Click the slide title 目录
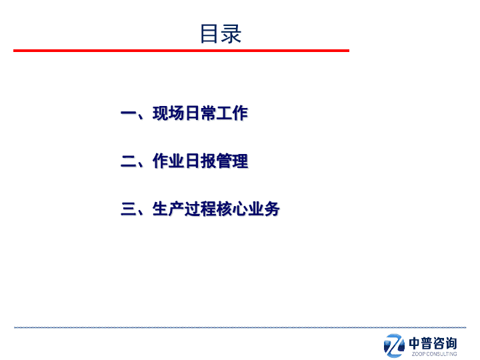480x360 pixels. (221, 34)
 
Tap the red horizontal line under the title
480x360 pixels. (181, 51)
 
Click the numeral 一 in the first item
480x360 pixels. (129, 114)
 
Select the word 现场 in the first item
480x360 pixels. (169, 113)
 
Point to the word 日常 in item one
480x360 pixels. (200, 113)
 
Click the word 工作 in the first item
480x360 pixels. (232, 113)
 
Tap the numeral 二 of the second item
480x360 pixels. (129, 161)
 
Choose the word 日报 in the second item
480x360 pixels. (200, 161)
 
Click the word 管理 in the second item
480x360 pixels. (232, 161)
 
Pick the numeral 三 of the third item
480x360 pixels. (129, 209)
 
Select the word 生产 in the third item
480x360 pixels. (169, 209)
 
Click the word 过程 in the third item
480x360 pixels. (200, 209)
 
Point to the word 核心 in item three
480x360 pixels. (232, 209)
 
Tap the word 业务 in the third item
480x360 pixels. (264, 209)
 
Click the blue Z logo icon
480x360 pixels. (394, 345)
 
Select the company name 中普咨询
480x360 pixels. (433, 343)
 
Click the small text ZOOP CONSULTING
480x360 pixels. (435, 354)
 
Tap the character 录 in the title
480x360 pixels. (231, 34)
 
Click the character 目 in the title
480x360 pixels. (209, 34)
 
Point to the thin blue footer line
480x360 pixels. (240, 327)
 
